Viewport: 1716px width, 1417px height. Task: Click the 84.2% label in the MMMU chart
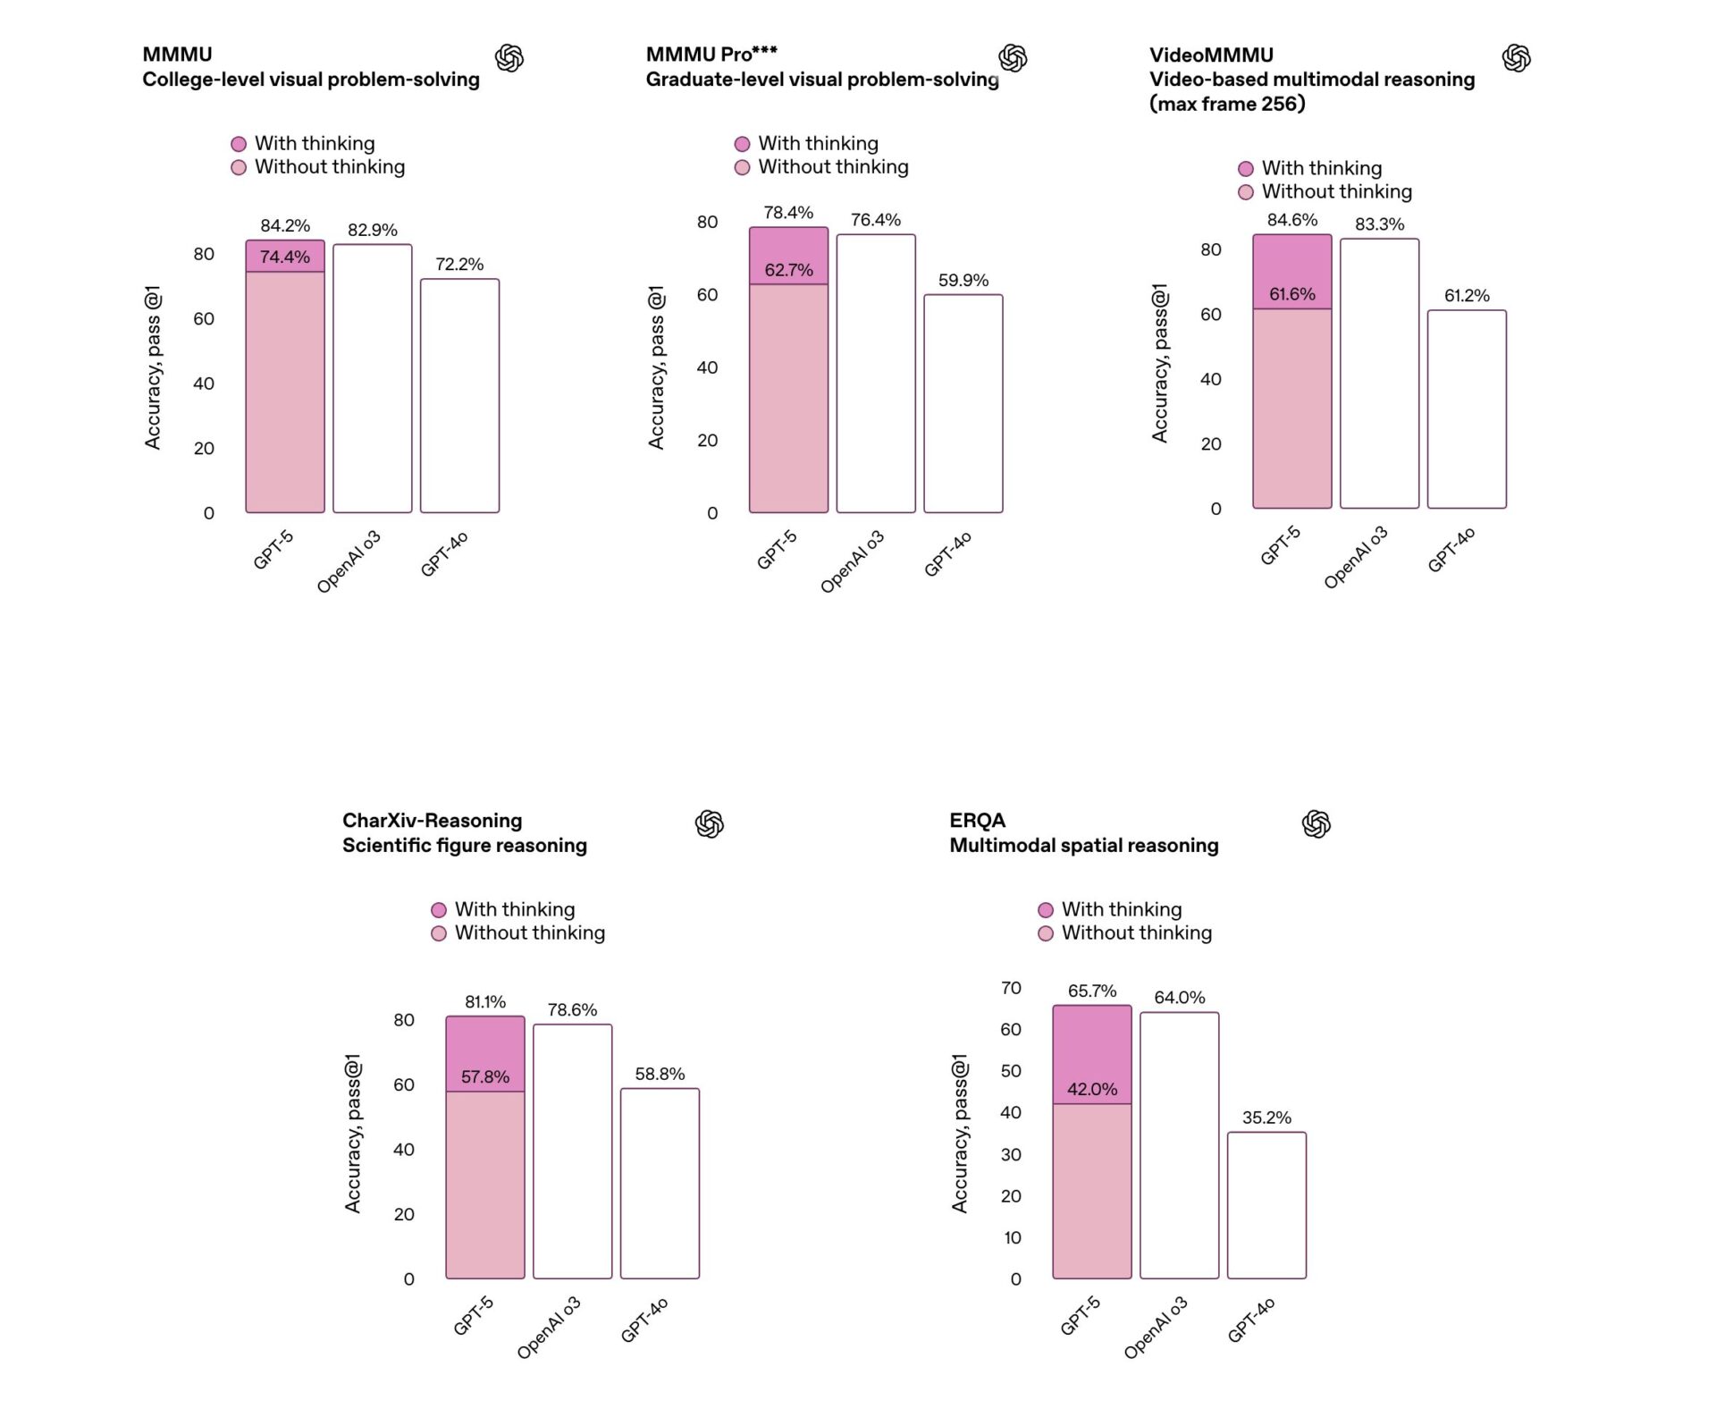pos(285,226)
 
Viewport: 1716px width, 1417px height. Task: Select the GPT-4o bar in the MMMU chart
pos(459,395)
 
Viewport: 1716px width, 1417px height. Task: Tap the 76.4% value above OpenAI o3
pos(875,220)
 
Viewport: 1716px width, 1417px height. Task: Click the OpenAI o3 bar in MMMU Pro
pos(875,373)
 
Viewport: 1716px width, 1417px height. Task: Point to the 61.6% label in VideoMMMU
pos(1291,294)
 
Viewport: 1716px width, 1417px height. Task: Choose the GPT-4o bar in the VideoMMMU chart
pos(1466,409)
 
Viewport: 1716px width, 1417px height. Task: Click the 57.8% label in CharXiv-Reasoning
pos(485,1077)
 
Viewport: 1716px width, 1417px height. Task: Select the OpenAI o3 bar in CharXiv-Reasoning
pos(572,1151)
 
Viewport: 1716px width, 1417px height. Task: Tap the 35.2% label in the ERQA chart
pos(1266,1118)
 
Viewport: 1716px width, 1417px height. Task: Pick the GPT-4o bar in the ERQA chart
pos(1266,1205)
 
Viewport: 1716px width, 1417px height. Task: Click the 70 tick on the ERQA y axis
pos(1011,988)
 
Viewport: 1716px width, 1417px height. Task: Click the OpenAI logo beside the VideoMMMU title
pos(1516,58)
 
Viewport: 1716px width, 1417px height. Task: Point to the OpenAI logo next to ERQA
pos(1316,823)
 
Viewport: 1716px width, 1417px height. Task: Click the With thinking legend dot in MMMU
pos(239,144)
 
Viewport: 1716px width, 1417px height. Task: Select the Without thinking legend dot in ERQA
pos(1046,933)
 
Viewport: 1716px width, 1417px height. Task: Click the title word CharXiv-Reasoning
pos(432,821)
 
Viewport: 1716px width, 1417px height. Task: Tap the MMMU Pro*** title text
pos(711,55)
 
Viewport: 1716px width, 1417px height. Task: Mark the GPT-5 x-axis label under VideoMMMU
pos(1280,545)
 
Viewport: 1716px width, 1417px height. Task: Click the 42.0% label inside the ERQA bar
pos(1091,1089)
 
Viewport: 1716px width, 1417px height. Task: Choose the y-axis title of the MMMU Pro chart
pos(657,367)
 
